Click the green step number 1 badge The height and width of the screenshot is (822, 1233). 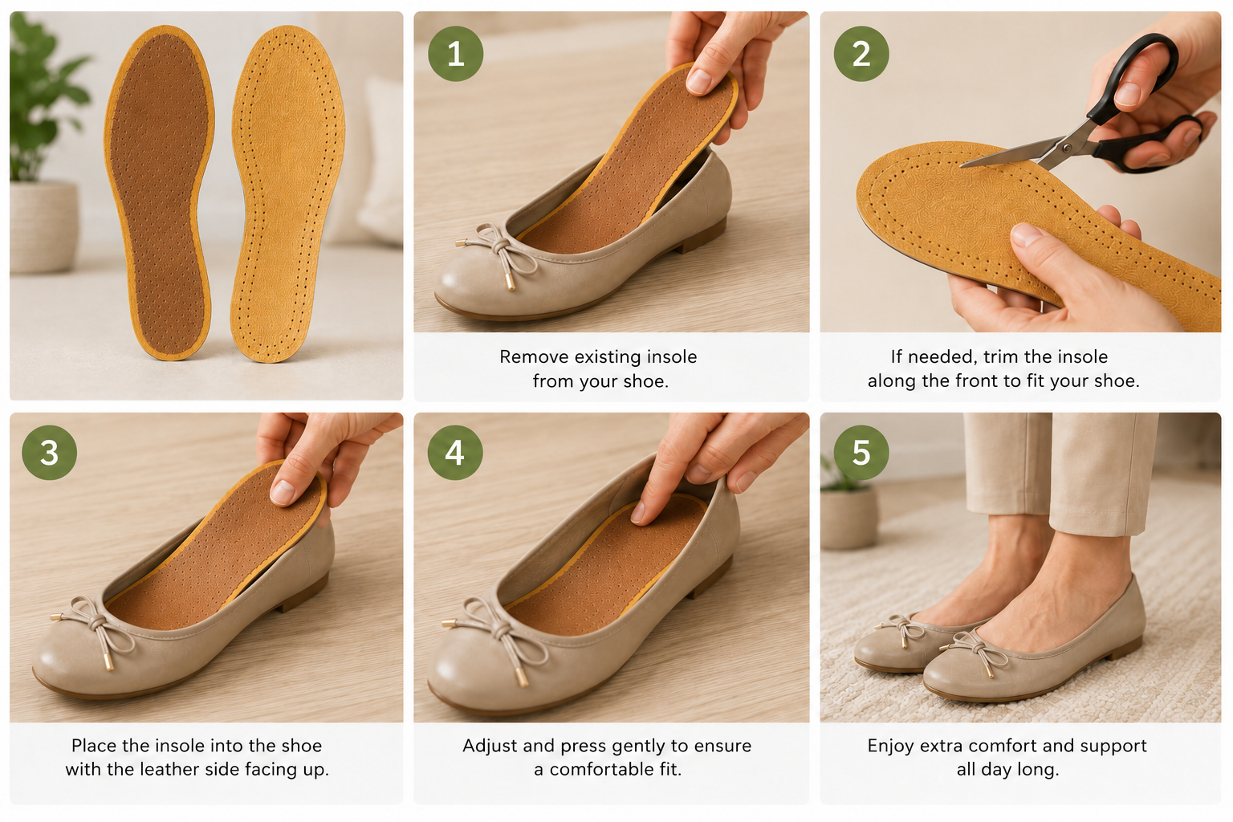pyautogui.click(x=455, y=54)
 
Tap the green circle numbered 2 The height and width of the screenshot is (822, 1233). pyautogui.click(x=861, y=54)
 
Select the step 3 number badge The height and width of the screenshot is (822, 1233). pyautogui.click(x=49, y=453)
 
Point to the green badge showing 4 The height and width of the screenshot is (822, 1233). pyautogui.click(x=455, y=453)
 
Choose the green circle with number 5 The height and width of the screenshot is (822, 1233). pyautogui.click(x=861, y=453)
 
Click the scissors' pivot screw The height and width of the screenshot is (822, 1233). pyautogui.click(x=1067, y=148)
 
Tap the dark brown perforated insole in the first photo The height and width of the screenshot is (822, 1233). pyautogui.click(x=158, y=193)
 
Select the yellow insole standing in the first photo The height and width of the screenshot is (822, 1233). pyautogui.click(x=287, y=193)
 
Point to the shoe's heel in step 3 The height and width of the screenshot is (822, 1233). pyautogui.click(x=300, y=597)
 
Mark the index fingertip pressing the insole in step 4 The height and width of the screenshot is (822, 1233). pyautogui.click(x=638, y=513)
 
